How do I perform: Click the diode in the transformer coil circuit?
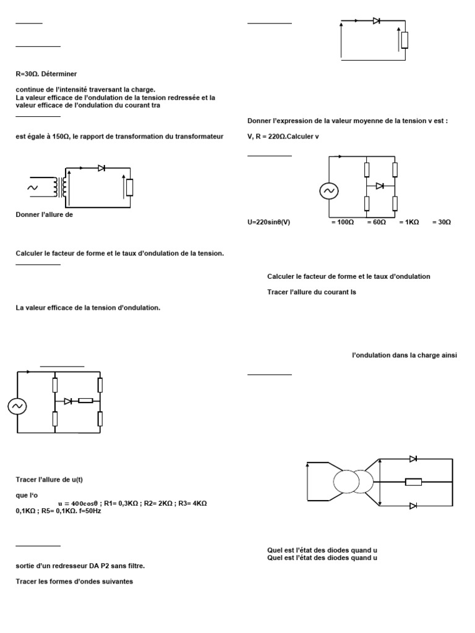pos(101,168)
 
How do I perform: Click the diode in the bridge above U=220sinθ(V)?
pos(380,185)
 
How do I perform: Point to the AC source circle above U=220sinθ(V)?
pos(328,192)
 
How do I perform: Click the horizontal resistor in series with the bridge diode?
pos(85,401)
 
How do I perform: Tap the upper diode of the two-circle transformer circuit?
pos(413,459)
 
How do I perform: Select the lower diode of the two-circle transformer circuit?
pos(413,506)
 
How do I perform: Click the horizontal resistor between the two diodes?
pos(413,482)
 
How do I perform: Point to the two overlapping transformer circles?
pos(354,482)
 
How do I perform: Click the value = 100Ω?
pos(342,222)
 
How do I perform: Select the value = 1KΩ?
pos(409,222)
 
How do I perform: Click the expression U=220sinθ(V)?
pos(268,222)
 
